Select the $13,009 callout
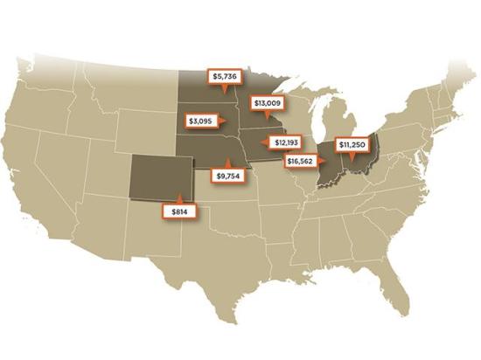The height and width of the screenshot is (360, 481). pyautogui.click(x=267, y=102)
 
